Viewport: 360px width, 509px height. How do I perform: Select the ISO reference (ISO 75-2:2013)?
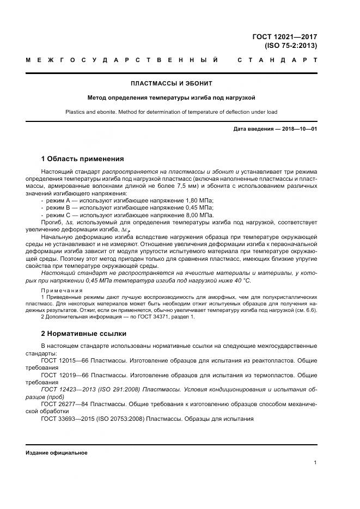click(291, 46)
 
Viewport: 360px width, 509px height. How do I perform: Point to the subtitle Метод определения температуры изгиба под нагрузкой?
click(172, 98)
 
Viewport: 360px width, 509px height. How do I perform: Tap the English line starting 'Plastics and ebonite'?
click(172, 112)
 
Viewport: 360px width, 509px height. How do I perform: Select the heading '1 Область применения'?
click(82, 159)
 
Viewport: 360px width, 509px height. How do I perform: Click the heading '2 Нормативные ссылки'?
click(83, 333)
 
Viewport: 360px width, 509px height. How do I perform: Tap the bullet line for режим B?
click(129, 208)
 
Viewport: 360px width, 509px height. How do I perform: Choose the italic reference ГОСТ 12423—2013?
click(71, 390)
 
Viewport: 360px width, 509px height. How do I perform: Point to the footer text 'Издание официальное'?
click(56, 453)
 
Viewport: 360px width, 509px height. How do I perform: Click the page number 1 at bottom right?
click(315, 463)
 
